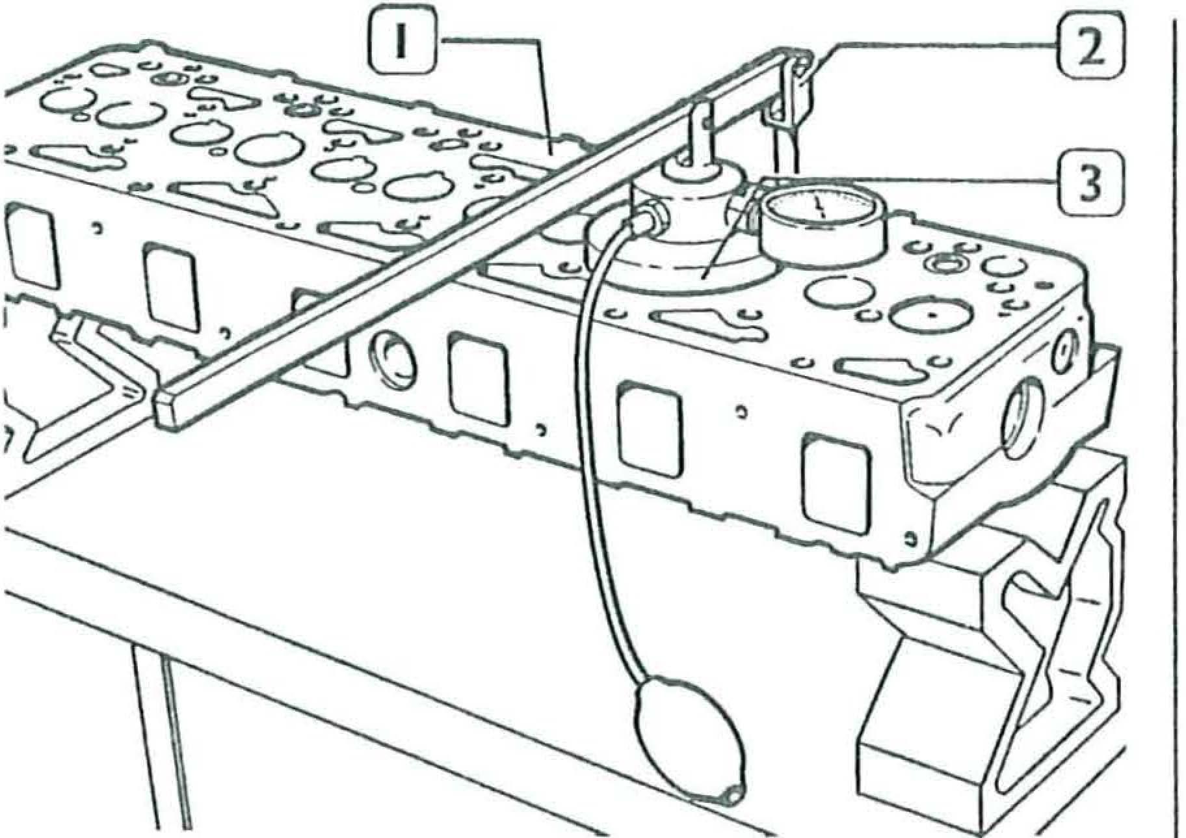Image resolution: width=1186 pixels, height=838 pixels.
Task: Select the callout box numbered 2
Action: coord(1090,47)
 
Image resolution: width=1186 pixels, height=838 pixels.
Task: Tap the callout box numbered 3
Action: coord(1090,183)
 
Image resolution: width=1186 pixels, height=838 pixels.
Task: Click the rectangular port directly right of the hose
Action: coord(650,426)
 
